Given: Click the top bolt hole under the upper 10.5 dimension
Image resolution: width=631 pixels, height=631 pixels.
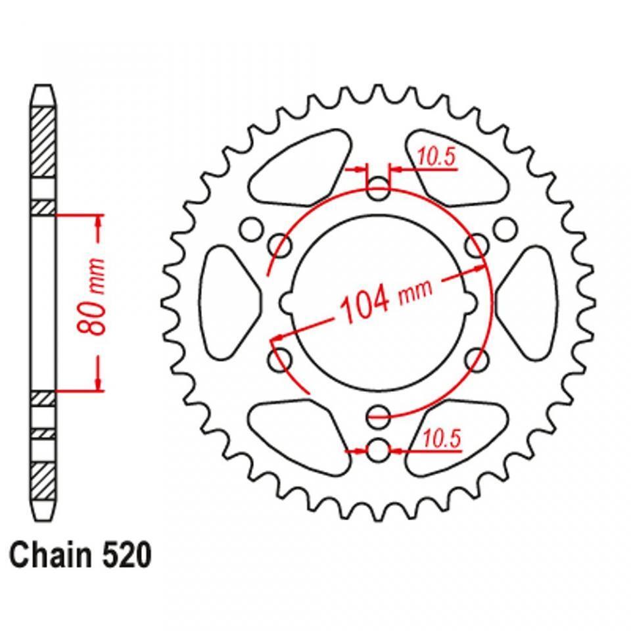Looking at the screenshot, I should [378, 192].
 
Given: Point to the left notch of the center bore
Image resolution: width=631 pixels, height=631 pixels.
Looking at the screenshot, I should [288, 302].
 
